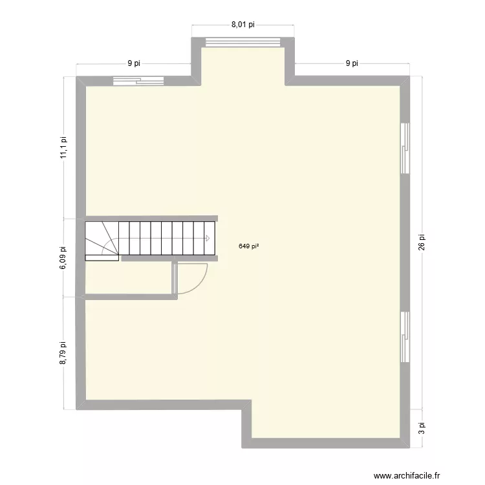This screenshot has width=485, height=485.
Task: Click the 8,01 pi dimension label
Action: [242, 25]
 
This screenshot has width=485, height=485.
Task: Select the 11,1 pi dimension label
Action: [63, 147]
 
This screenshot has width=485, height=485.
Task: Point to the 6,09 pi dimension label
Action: [63, 257]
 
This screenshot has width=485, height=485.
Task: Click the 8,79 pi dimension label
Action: [63, 354]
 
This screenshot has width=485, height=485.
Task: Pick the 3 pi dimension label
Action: [422, 428]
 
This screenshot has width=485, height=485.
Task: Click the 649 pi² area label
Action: [249, 246]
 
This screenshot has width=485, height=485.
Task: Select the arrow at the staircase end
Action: [207, 239]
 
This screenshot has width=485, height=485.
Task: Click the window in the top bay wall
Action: [243, 42]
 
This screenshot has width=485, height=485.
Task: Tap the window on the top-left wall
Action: [138, 81]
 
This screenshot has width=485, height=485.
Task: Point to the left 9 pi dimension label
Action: [134, 63]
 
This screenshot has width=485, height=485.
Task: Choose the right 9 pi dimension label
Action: [352, 63]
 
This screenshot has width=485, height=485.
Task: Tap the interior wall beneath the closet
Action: [129, 297]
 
